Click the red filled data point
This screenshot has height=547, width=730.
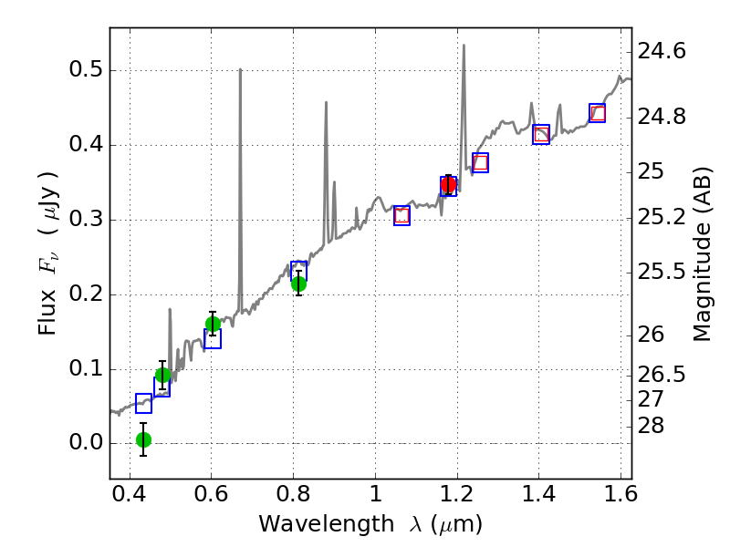point(448,184)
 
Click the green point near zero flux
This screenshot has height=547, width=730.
point(143,439)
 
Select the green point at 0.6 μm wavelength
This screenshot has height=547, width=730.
point(213,324)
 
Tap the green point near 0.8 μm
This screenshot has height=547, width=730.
point(298,284)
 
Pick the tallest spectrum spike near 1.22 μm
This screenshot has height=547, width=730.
point(464,45)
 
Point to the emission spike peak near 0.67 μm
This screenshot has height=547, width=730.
point(240,69)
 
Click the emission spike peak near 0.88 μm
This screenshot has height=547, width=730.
point(326,102)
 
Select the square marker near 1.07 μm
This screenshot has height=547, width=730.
point(401,215)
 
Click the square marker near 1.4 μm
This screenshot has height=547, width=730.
point(541,135)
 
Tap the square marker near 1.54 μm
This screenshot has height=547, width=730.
point(598,113)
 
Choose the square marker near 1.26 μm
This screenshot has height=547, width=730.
point(480,162)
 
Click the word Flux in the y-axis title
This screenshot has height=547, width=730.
point(47,310)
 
